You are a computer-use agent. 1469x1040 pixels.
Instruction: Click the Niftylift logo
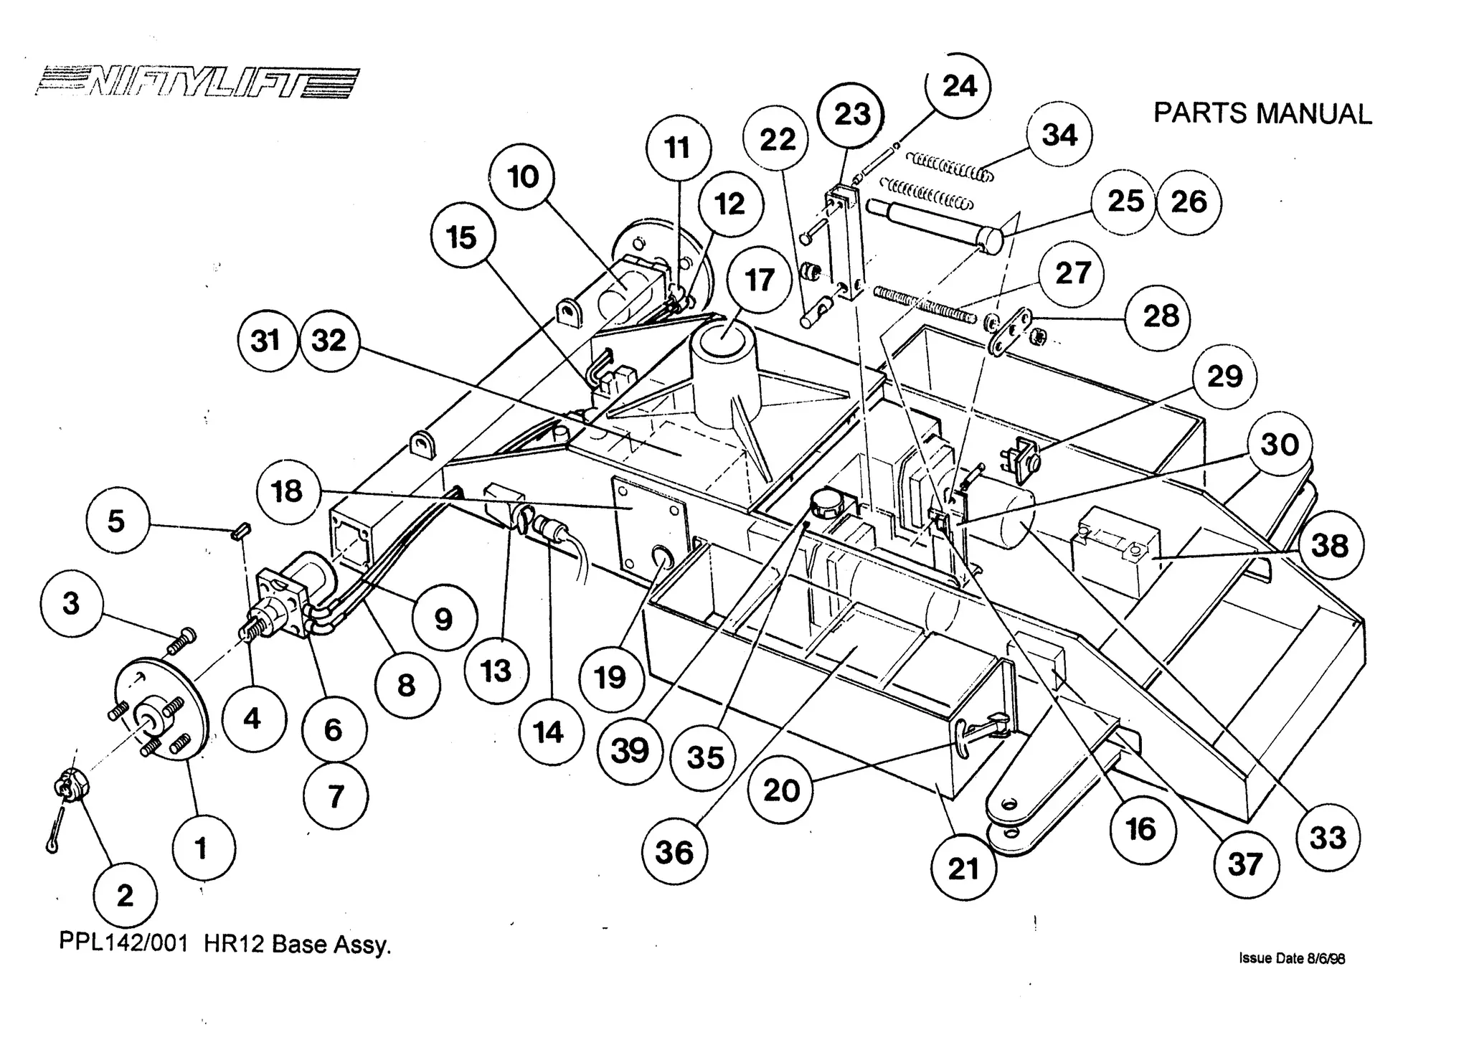pyautogui.click(x=197, y=82)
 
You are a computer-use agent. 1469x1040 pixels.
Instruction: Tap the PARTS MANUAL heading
pyautogui.click(x=1262, y=114)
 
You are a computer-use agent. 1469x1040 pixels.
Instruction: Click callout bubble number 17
pyautogui.click(x=759, y=280)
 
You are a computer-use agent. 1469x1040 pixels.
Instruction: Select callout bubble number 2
pyautogui.click(x=125, y=895)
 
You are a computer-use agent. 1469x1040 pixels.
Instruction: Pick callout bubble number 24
pyautogui.click(x=959, y=86)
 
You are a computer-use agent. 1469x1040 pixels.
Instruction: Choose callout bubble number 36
pyautogui.click(x=674, y=852)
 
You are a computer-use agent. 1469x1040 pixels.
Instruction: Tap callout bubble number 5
pyautogui.click(x=117, y=521)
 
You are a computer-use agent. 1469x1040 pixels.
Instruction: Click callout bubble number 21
pyautogui.click(x=963, y=869)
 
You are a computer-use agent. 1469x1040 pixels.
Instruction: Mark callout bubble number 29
pyautogui.click(x=1224, y=377)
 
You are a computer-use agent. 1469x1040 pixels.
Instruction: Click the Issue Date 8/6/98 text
pyautogui.click(x=1291, y=958)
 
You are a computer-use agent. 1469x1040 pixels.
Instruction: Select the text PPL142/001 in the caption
pyautogui.click(x=123, y=944)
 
